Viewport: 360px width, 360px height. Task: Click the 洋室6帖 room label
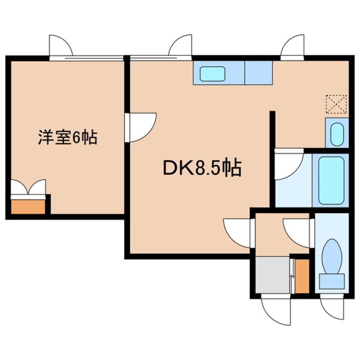pyautogui.click(x=68, y=138)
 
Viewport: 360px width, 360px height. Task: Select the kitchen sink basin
pyautogui.click(x=212, y=74)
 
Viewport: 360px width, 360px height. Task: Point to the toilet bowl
pyautogui.click(x=331, y=256)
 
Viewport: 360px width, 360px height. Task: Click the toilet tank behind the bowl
pyautogui.click(x=331, y=281)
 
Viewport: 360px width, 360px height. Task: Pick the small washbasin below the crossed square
pyautogui.click(x=337, y=134)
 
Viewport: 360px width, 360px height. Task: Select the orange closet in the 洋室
pyautogui.click(x=28, y=207)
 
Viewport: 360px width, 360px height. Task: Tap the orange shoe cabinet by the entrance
pyautogui.click(x=302, y=275)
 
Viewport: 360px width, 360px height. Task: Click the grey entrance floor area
pyautogui.click(x=272, y=274)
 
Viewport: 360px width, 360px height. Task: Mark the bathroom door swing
pyautogui.click(x=288, y=163)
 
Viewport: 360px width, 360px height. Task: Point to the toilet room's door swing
pyautogui.click(x=298, y=232)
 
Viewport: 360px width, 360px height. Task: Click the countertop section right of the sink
pyautogui.click(x=258, y=73)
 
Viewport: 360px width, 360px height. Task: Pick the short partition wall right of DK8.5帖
pyautogui.click(x=272, y=128)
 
